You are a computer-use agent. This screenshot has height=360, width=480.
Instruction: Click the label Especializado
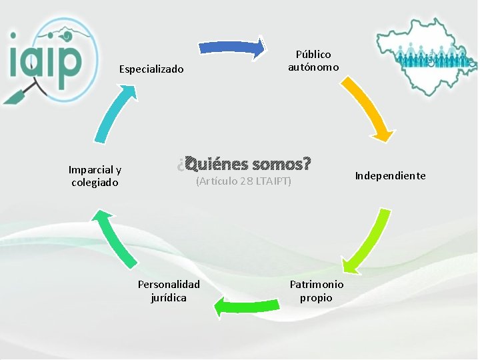pos(151,69)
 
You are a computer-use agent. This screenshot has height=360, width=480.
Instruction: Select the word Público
pos(313,55)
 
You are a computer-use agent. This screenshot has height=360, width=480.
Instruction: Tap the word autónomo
pos(313,67)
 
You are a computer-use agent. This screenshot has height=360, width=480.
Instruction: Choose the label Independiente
pos(390,176)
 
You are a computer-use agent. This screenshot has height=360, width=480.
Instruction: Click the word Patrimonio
pos(317,285)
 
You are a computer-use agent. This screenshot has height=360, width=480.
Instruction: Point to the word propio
pos(316,297)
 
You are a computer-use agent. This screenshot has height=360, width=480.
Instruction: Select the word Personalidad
pos(169,285)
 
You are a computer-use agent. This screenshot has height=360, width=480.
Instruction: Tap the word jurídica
pos(169,297)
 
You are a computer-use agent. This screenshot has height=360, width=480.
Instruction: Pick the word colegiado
pos(95,182)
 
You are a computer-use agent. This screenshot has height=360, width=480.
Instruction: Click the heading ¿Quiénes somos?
pos(245,163)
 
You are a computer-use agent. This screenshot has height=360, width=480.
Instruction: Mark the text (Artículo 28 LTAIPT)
pos(244,181)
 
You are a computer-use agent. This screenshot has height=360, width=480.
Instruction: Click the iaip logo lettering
pos(47,60)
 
